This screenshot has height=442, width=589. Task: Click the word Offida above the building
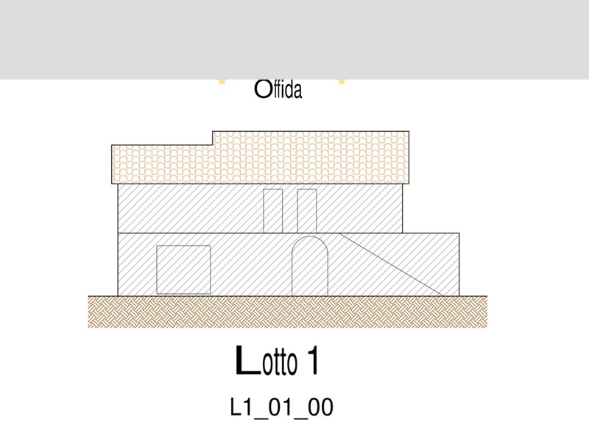[278, 89]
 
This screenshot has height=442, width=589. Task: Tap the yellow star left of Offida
[222, 81]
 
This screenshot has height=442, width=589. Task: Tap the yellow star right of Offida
[342, 81]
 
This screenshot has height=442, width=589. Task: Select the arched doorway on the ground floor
[310, 266]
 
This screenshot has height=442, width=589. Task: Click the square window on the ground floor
[183, 270]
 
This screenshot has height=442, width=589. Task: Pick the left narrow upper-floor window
[273, 211]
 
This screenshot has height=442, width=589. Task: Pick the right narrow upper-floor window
[307, 211]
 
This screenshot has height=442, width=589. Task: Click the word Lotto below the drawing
[266, 360]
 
